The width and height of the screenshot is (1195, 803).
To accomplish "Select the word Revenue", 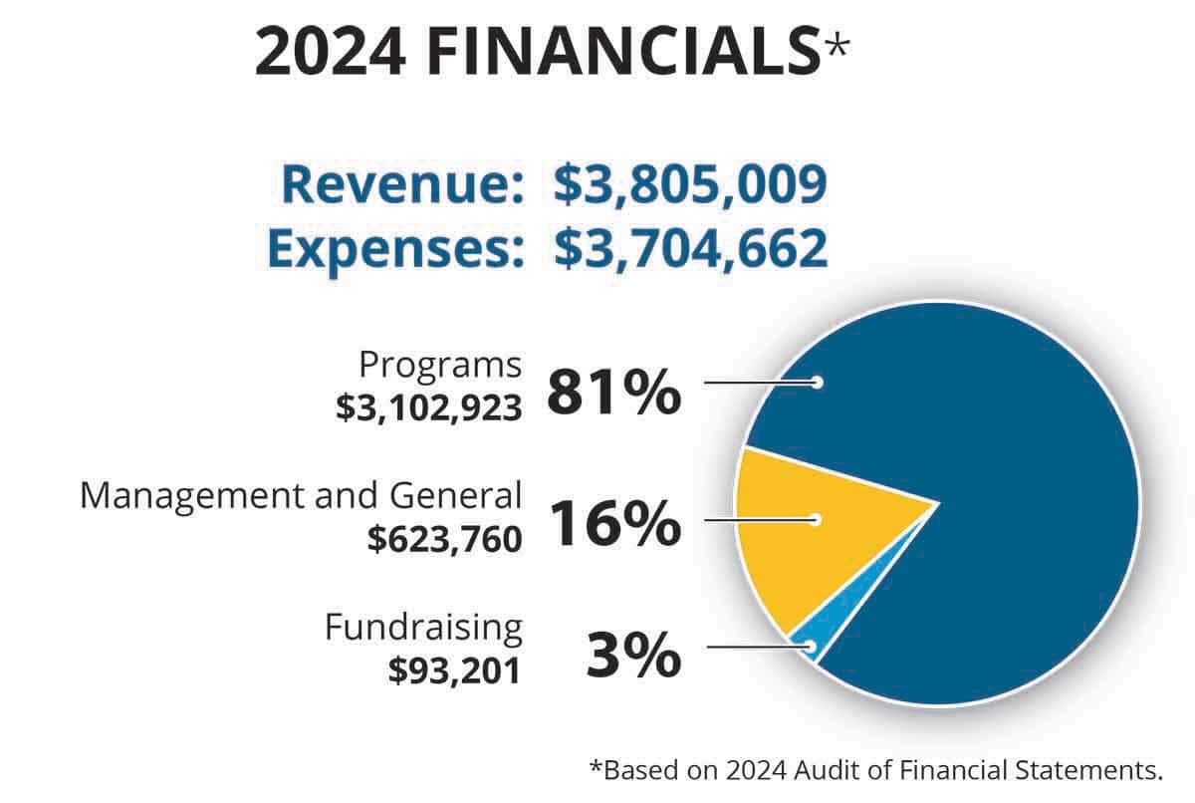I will (402, 186).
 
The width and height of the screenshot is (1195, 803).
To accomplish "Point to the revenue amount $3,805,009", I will (690, 186).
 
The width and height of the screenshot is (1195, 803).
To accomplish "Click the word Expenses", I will (395, 248).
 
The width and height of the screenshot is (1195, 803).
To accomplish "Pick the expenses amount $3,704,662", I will (690, 248).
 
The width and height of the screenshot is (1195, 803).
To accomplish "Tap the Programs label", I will (440, 366).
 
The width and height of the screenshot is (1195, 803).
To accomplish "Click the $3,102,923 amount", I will (428, 407).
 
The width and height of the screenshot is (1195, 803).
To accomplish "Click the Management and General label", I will (301, 495).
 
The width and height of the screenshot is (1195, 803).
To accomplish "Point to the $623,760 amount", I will (444, 539).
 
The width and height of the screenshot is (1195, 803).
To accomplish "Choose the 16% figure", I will (613, 524).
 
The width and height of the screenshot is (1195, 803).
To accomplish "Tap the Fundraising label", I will (423, 628).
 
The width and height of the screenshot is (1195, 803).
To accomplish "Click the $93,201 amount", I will (455, 670).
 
